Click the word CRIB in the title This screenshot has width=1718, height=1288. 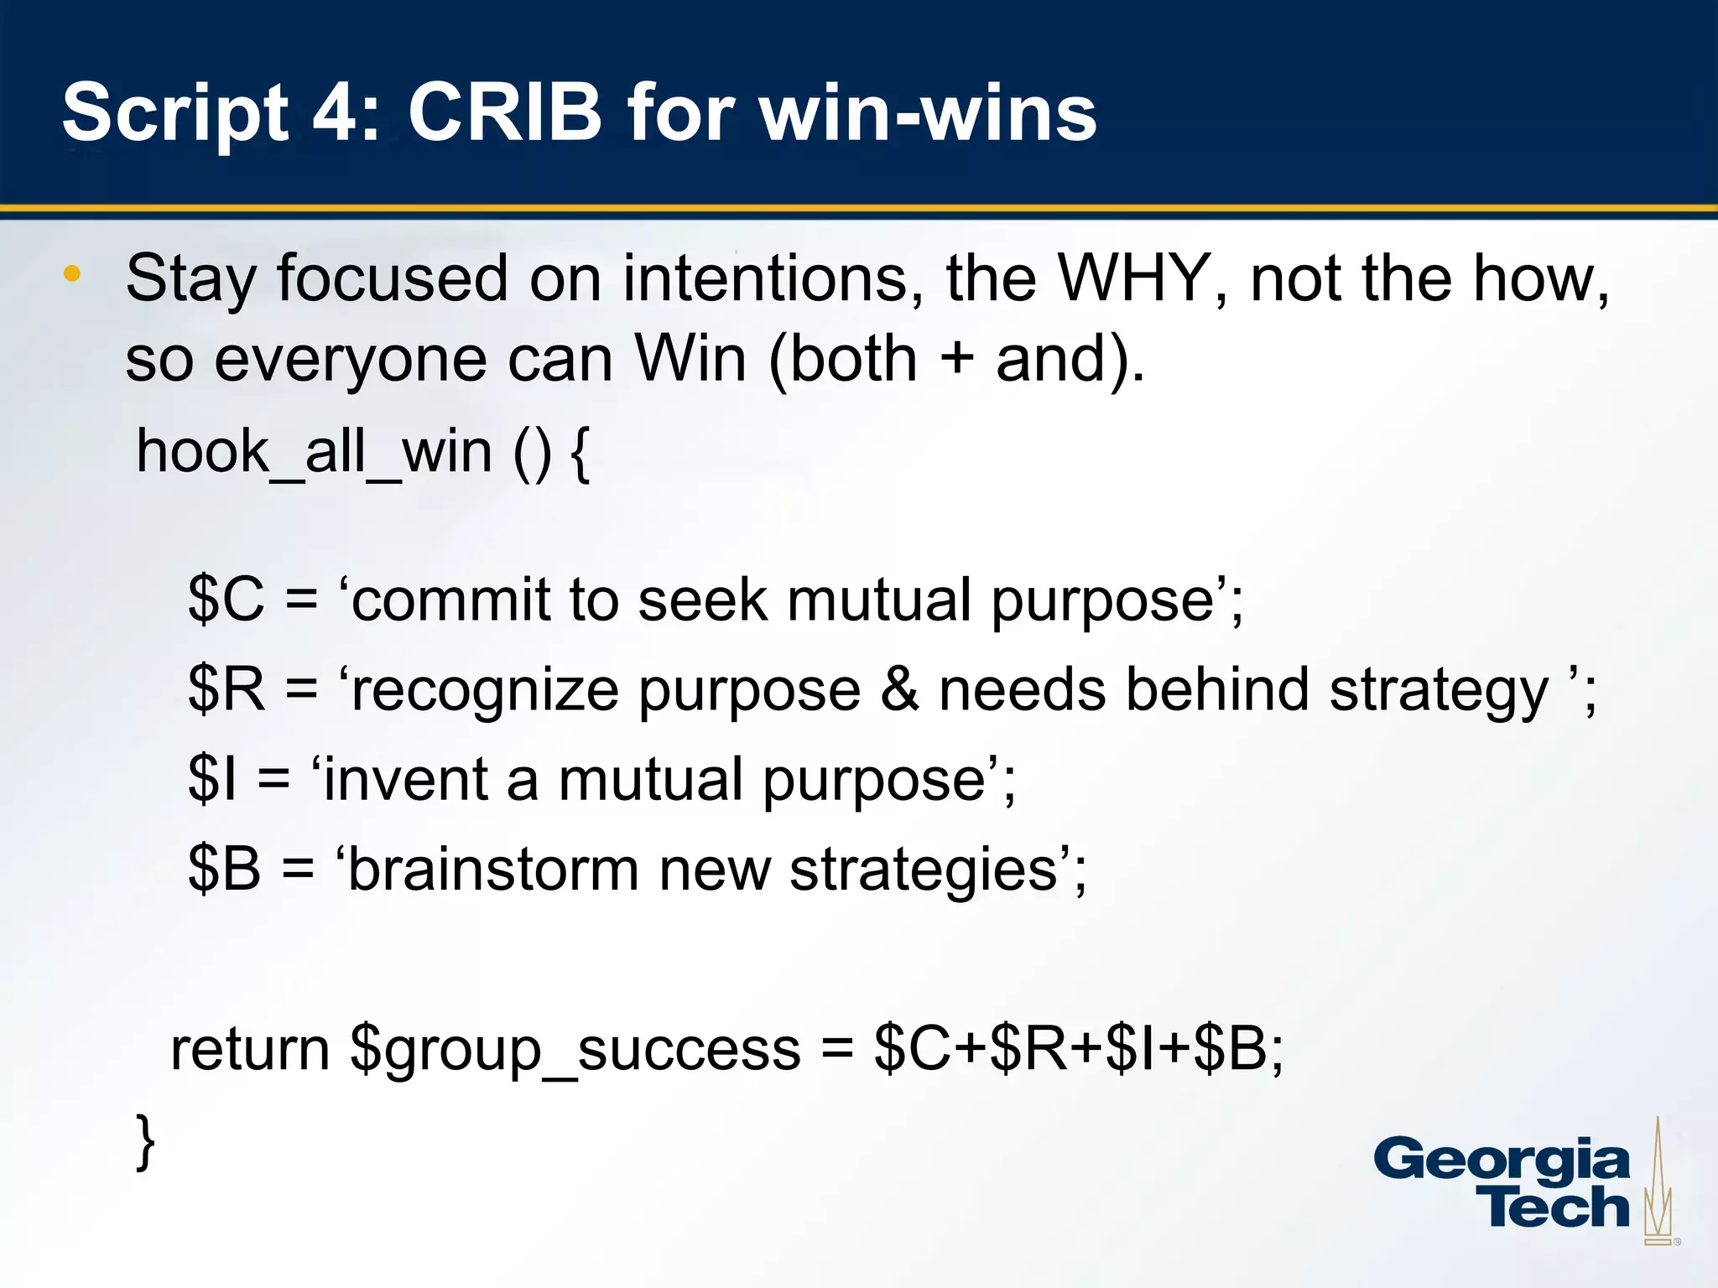[505, 112]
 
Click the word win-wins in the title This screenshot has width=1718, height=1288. [928, 112]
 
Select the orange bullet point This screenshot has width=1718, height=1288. [72, 273]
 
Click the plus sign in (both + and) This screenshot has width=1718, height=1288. [956, 359]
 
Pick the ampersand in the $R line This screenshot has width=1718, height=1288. [899, 689]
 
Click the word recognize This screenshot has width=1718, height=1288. [484, 692]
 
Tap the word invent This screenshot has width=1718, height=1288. [405, 779]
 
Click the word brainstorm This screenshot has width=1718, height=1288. [492, 869]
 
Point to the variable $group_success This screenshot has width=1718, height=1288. [575, 1050]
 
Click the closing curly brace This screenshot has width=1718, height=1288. [145, 1140]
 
